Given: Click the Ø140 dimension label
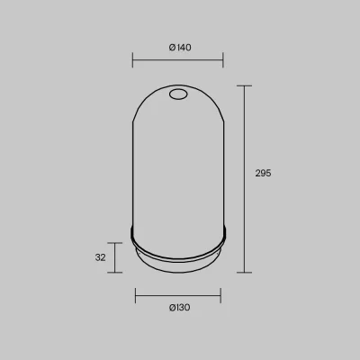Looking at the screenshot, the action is coord(180,48).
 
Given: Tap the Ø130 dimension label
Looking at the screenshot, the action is coord(179,308).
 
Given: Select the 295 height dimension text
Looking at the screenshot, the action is coord(263,173).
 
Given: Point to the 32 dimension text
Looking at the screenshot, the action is coord(101,257).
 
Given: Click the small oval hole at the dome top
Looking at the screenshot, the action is coord(178,94).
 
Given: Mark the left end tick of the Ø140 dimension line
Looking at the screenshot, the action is coord(132,59).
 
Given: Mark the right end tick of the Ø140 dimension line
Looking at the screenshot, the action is coord(223,59).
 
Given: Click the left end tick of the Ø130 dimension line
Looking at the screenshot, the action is coord(136,295).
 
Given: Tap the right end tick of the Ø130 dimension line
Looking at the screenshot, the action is coord(220,295).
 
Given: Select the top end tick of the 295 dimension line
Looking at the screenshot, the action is coord(244,85).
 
